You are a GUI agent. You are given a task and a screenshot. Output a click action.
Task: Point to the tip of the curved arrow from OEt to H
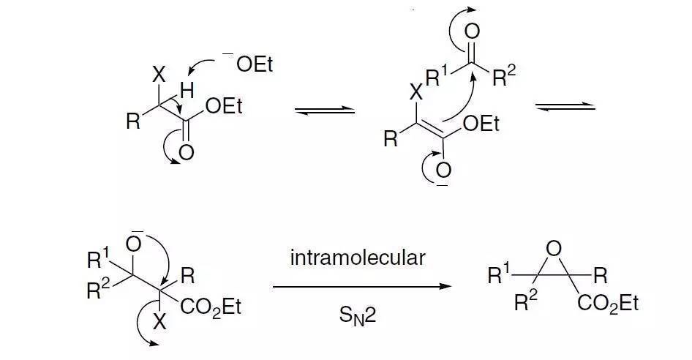click(189, 75)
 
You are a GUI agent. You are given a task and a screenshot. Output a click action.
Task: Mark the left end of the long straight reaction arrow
click(273, 287)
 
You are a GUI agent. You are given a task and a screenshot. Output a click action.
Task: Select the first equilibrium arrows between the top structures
click(325, 110)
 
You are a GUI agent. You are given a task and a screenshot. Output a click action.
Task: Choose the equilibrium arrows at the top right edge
click(565, 106)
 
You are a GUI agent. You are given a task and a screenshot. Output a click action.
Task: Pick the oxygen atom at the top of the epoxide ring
click(554, 249)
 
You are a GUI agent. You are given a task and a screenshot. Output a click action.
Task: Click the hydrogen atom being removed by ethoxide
click(187, 91)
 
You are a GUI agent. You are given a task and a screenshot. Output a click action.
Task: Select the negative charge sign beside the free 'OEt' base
click(227, 54)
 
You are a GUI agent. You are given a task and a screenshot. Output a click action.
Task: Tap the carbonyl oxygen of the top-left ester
click(187, 153)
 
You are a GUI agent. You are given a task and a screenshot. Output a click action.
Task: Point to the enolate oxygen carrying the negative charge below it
click(443, 170)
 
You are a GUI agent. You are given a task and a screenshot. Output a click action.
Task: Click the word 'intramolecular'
click(358, 258)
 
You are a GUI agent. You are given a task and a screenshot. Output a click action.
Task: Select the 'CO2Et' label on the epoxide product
click(608, 304)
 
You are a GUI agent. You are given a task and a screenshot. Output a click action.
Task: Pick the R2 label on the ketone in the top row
click(504, 76)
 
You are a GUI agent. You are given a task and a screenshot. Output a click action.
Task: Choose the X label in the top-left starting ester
click(159, 75)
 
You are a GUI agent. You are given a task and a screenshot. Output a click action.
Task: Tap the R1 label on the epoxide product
click(499, 274)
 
